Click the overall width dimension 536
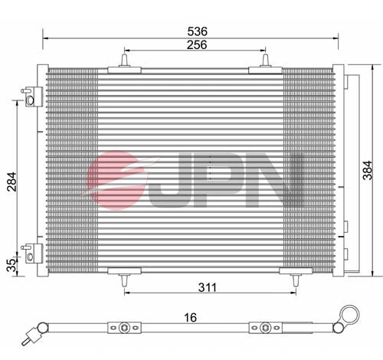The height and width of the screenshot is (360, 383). point(198,31)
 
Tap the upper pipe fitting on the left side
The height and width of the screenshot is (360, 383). point(31,97)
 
